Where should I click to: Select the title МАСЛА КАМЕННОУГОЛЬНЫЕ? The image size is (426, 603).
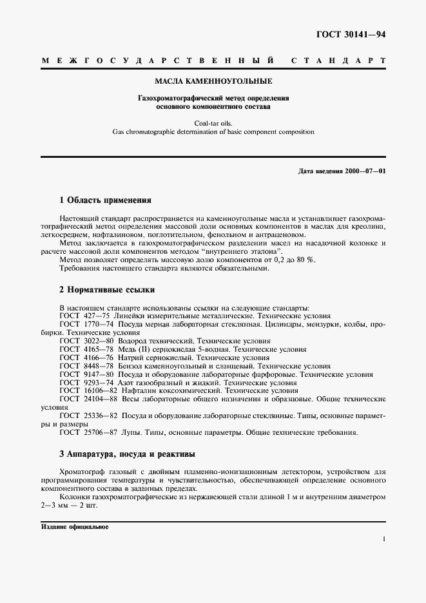click(213, 82)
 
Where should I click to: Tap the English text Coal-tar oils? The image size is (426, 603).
click(213, 122)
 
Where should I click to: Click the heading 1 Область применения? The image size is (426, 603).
click(105, 200)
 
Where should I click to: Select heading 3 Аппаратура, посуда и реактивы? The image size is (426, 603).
click(127, 454)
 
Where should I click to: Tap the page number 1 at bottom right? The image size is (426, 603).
click(383, 540)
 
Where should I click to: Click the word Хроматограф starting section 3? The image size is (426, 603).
click(84, 472)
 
